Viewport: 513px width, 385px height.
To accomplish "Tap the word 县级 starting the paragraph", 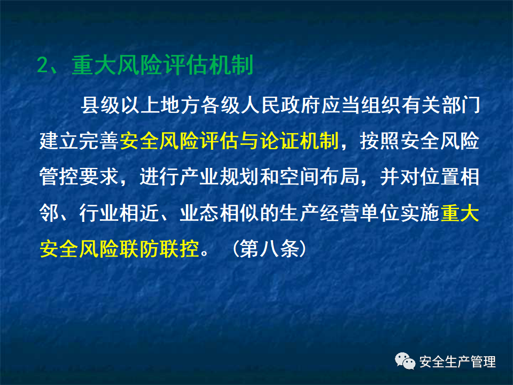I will pos(99,105).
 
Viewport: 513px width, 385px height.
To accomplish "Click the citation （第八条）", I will pos(269,249).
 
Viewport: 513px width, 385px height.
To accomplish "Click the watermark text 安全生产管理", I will pos(457,362).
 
